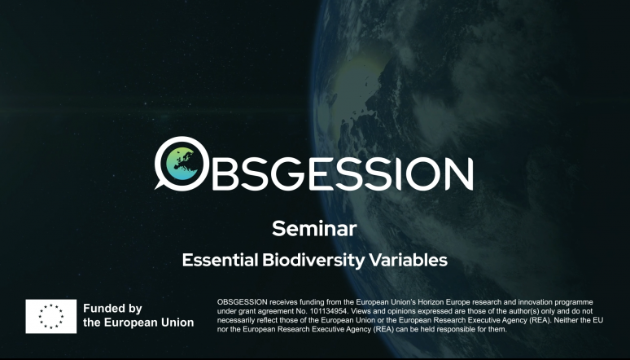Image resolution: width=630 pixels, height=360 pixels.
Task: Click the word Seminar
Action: [314, 229]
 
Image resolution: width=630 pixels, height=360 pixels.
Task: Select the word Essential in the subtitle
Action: [220, 260]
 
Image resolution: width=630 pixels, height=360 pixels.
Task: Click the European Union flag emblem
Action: [51, 316]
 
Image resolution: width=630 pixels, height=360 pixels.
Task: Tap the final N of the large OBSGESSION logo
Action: [459, 173]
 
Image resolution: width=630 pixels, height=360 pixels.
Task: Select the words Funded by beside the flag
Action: [112, 309]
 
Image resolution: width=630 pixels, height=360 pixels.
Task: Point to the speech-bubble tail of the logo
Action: [160, 186]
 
